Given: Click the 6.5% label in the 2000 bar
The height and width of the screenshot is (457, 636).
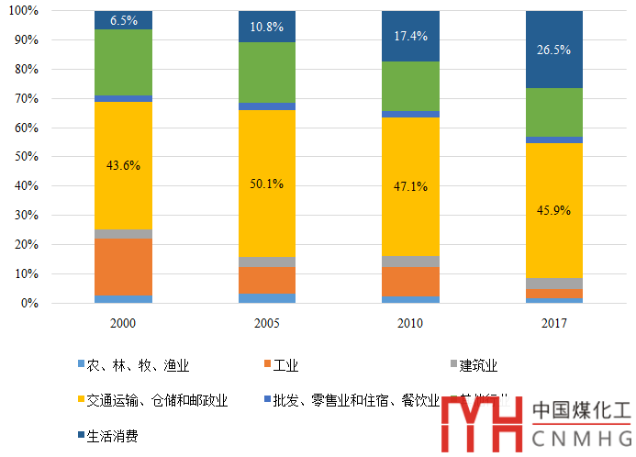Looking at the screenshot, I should point(123,19).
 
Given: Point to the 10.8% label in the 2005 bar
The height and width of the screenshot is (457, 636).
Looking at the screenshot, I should point(267,26).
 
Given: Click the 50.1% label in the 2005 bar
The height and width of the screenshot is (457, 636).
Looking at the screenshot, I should point(267,184).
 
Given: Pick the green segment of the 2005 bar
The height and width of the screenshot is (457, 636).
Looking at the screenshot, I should point(267,72).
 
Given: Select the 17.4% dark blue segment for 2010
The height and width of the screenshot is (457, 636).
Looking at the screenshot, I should point(410,36).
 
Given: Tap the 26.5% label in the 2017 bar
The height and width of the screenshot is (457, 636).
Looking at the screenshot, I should point(554,49).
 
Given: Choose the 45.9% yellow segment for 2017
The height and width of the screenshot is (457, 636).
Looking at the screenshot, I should point(554,210).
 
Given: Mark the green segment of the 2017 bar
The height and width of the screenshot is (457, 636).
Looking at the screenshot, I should point(554,112).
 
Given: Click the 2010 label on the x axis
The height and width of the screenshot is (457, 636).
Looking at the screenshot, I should point(410,323).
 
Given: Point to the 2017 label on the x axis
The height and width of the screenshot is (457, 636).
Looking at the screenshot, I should point(554,323).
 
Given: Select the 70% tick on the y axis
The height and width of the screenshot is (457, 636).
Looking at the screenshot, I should point(27,98).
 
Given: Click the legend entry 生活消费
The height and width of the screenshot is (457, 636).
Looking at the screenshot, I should point(112,436).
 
